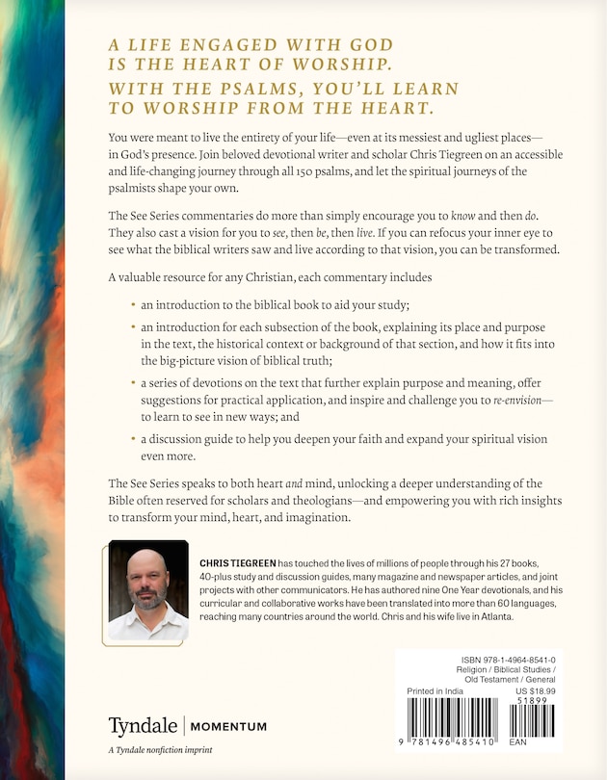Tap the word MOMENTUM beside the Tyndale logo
(226, 726)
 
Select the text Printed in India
(435, 691)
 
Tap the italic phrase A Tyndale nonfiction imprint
(160, 750)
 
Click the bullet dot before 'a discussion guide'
(133, 438)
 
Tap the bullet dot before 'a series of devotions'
(133, 384)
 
